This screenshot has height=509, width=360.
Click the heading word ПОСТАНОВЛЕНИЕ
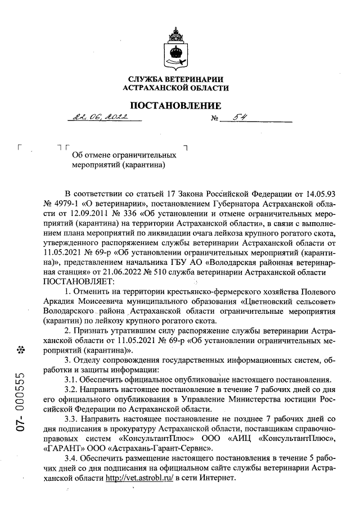175,106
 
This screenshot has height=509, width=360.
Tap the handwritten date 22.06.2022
98,117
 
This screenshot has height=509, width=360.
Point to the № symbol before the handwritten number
214,119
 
